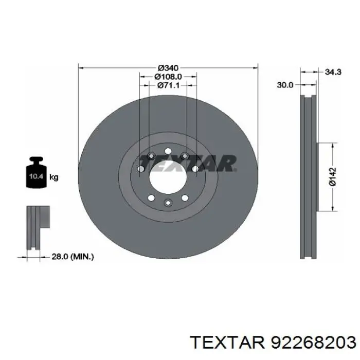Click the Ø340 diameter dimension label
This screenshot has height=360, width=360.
coord(168,68)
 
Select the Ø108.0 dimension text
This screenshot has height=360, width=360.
coord(168,77)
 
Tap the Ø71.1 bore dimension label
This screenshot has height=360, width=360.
coord(168,85)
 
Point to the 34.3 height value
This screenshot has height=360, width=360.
coord(333,72)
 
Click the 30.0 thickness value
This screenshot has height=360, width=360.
coord(285,85)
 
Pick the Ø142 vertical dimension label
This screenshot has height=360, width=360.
coord(332,176)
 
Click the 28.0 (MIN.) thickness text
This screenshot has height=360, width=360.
coord(73,257)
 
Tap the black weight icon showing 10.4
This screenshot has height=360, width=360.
coord(37,172)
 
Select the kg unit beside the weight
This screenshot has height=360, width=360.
coord(54,177)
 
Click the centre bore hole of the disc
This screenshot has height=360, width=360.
coord(168,177)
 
